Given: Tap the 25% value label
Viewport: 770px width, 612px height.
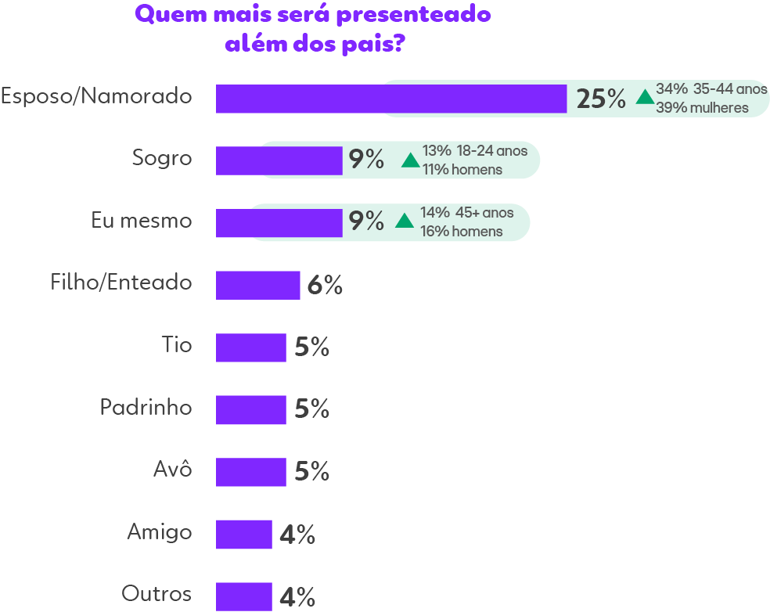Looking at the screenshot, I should point(601,99).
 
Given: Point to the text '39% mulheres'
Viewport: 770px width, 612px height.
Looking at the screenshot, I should point(702,108).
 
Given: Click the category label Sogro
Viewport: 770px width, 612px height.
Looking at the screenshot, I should point(162,158).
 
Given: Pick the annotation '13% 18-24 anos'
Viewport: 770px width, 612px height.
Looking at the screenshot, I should point(475,151).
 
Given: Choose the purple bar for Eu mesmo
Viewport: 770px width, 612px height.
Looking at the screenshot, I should point(279,222).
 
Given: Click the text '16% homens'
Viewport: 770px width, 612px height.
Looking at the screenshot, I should point(461,232).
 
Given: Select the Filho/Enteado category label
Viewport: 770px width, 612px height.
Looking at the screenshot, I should point(121,282).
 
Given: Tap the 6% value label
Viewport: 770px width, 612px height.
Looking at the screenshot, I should point(325,286).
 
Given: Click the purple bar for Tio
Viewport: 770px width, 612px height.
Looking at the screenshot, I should point(250,347).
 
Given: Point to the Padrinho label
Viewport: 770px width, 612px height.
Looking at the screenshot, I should point(146,408).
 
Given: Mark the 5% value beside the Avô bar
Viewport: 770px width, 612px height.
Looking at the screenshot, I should point(311,472).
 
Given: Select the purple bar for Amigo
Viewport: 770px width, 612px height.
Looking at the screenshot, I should point(243,535).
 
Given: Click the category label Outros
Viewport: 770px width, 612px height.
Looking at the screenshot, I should point(157,594).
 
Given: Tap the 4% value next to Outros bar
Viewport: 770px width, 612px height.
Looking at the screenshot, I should point(297,599).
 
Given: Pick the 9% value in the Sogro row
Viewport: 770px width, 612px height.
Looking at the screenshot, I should point(366,160).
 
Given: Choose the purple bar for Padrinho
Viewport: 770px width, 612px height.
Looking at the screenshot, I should point(250,410).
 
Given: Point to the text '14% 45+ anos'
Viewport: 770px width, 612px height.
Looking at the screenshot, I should point(466,213).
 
